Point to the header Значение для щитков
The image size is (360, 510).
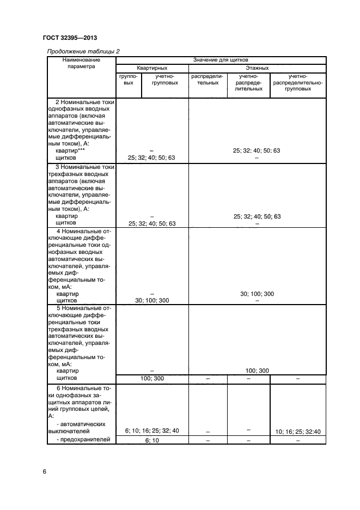(x=221, y=59)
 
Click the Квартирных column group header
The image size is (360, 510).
(x=152, y=68)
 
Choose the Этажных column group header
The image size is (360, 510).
(x=257, y=68)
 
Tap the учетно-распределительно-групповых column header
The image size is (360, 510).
(x=298, y=83)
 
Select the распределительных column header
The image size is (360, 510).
(x=207, y=80)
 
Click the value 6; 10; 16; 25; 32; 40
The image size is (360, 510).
(x=151, y=430)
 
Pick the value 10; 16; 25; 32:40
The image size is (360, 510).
(x=298, y=432)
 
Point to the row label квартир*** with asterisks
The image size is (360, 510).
(x=71, y=150)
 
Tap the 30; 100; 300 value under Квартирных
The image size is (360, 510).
(x=151, y=300)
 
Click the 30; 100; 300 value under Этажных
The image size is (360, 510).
(x=257, y=294)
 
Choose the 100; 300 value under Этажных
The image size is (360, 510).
(x=257, y=371)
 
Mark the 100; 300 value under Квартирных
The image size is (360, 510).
(x=151, y=378)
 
